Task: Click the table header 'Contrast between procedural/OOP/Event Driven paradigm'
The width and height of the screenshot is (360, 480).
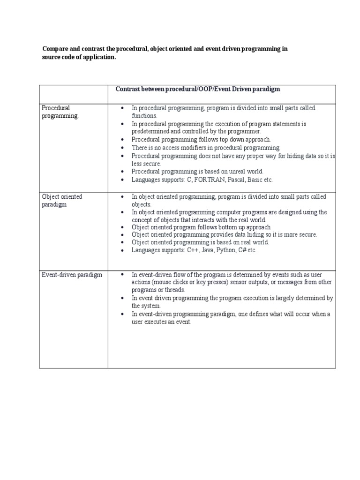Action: (198, 89)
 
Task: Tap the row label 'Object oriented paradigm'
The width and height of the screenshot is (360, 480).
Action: (62, 201)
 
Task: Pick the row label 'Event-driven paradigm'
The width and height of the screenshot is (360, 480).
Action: (72, 275)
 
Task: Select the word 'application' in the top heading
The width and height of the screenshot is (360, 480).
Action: (97, 57)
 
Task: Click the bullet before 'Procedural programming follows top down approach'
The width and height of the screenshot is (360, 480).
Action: (122, 140)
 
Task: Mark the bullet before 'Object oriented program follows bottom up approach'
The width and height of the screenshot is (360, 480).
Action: (122, 227)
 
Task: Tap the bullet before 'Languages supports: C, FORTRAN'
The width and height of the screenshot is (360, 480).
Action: (122, 180)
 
